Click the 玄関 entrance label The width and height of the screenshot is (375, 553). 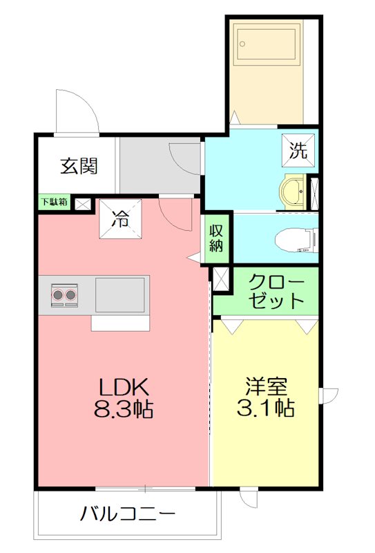78,166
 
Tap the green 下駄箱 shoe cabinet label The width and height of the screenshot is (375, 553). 53,203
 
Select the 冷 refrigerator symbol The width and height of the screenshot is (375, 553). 121,221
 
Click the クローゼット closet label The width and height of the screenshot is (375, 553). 275,292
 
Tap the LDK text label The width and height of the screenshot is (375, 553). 124,387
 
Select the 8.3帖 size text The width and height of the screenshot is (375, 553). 124,409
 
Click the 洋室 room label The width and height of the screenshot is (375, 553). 266,386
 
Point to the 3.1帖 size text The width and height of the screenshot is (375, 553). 266,409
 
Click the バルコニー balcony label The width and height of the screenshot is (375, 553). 128,514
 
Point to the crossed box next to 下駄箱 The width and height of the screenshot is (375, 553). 82,203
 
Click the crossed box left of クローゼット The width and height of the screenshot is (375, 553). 221,279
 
